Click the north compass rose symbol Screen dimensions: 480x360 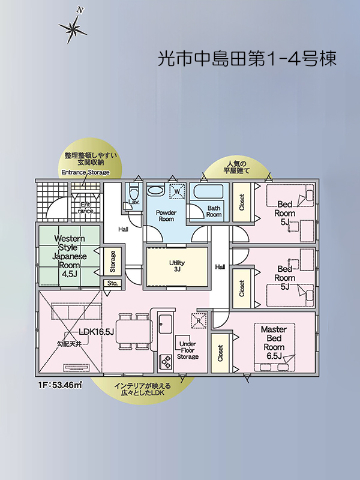tap(71, 27)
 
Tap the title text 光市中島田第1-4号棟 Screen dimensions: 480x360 tap(246, 58)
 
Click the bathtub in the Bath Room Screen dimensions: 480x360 tap(207, 193)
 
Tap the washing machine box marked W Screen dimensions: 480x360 tap(177, 192)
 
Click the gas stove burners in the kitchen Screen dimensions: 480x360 tap(165, 362)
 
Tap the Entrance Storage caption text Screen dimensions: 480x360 tap(86, 172)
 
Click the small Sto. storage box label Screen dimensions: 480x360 tap(112, 283)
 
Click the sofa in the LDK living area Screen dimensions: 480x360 tap(68, 311)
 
